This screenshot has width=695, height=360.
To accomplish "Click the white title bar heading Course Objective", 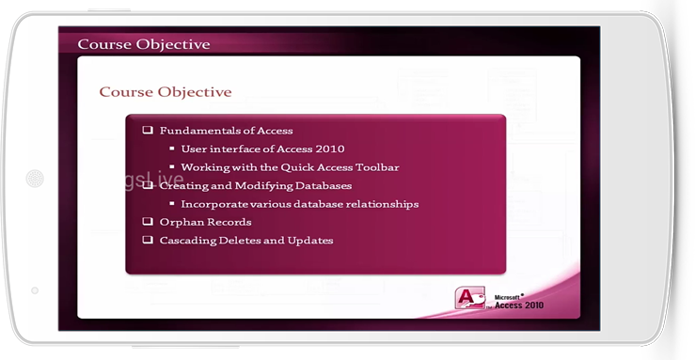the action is click(x=144, y=44).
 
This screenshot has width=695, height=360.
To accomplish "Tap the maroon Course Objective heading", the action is click(x=166, y=92).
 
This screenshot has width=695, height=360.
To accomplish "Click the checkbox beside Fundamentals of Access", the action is click(x=148, y=130).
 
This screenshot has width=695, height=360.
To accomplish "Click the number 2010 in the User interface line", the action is click(x=330, y=149).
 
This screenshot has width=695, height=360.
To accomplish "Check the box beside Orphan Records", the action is click(x=148, y=222).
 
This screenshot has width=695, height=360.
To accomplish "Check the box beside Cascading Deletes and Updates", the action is click(x=148, y=240).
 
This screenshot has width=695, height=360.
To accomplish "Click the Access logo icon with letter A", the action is click(x=470, y=298).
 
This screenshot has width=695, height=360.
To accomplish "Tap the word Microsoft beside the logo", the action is click(x=507, y=298).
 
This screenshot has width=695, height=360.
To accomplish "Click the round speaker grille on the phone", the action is click(x=35, y=179).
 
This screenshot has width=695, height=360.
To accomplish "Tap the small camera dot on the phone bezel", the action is click(x=35, y=290).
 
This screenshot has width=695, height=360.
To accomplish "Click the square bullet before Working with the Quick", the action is click(x=172, y=167).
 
